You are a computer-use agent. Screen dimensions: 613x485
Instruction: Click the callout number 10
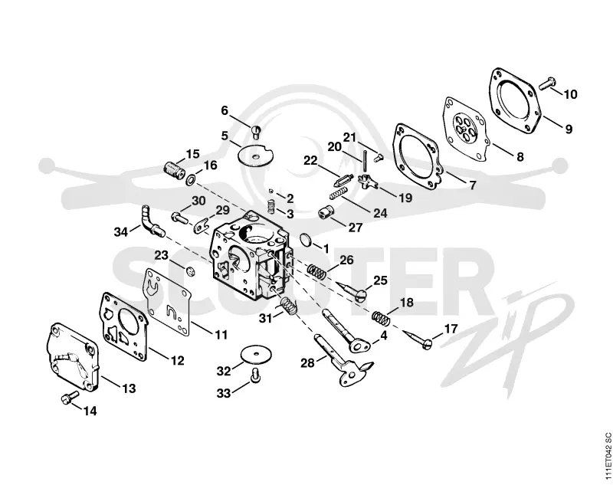(x=570, y=94)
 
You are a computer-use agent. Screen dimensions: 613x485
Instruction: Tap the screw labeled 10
(x=548, y=84)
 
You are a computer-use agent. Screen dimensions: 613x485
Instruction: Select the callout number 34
(x=121, y=231)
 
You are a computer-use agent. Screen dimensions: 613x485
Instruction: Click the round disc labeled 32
(x=256, y=354)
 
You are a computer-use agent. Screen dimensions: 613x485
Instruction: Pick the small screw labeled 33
(x=255, y=375)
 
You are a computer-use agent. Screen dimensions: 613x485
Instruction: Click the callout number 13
(x=129, y=388)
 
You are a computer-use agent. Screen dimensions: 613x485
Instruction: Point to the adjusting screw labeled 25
(x=352, y=290)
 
